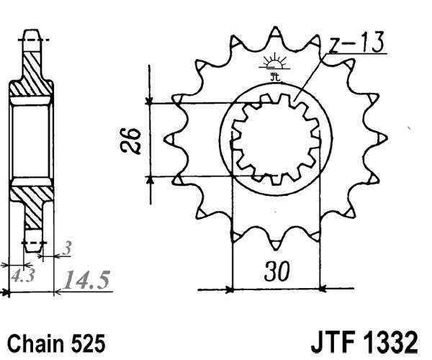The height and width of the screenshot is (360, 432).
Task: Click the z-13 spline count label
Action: click(358, 45)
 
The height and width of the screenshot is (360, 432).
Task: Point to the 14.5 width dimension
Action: click(87, 279)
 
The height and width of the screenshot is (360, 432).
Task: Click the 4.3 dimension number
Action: click(22, 275)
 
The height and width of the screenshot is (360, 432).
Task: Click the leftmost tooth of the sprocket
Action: click(171, 137)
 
